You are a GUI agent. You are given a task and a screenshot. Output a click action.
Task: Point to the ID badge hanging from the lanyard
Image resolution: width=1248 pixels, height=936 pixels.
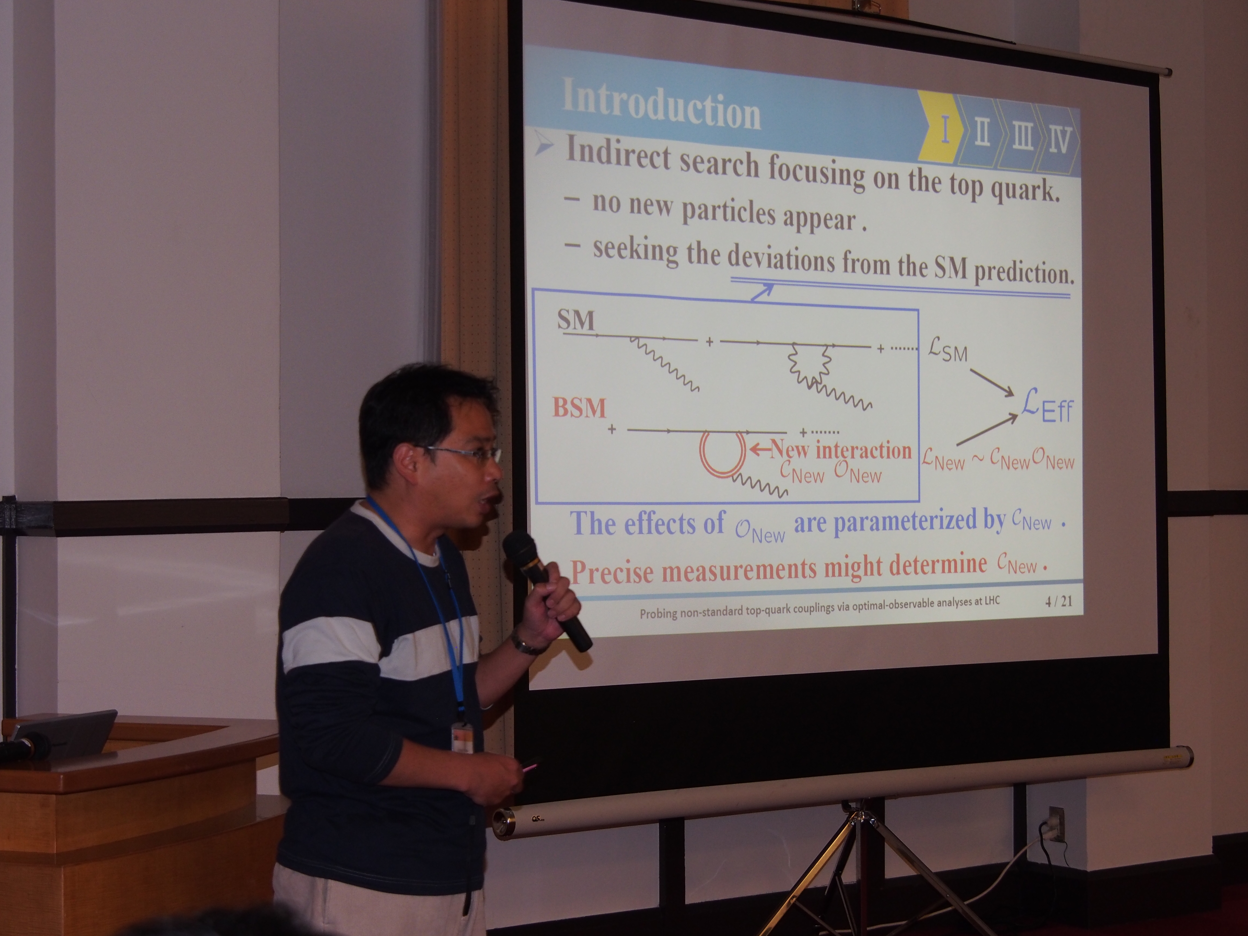point(464,739)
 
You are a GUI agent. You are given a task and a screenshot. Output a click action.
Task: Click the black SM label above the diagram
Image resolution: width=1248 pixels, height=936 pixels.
point(576,320)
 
